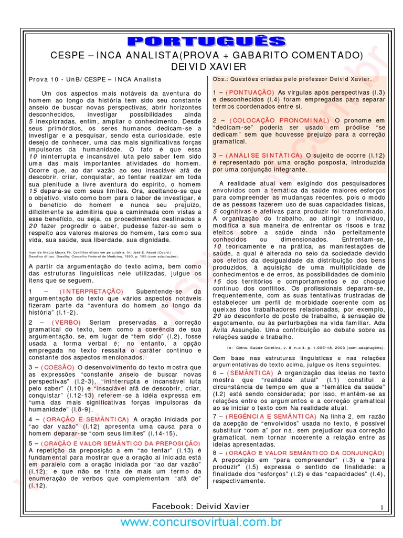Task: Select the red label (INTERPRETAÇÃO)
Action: (x=92, y=291)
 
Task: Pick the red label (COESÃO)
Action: (x=55, y=367)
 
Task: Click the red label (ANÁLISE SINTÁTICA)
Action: (x=264, y=155)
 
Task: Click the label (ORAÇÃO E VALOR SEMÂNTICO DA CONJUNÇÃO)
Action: (x=299, y=452)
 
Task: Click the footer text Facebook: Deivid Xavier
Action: (x=200, y=506)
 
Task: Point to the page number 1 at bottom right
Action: (x=381, y=507)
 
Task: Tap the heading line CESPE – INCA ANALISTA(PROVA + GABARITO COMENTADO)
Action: (x=206, y=55)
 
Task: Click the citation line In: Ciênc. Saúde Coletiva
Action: (x=304, y=347)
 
